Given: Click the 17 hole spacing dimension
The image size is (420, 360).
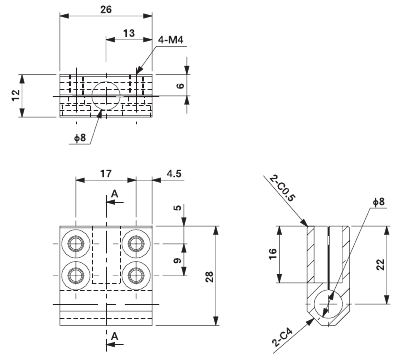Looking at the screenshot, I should (105, 173).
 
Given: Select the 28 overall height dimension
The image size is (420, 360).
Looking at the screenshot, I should (209, 275).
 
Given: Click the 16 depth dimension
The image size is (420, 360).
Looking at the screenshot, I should (287, 255).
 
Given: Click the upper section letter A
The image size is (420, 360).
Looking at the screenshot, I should (115, 193).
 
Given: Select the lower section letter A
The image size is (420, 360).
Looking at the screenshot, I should (115, 334).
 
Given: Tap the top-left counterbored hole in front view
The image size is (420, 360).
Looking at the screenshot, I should (76, 245).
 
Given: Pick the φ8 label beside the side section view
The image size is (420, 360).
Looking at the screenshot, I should (377, 202).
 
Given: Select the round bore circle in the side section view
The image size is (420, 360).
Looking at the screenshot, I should (328, 302).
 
